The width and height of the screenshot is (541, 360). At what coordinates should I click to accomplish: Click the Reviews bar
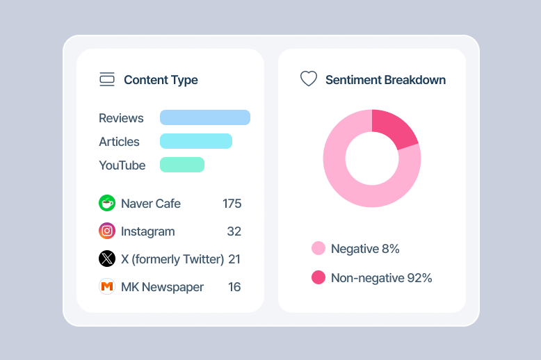(205, 117)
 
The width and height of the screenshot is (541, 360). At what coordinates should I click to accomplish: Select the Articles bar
(196, 141)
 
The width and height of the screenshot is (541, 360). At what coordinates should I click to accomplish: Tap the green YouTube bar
(182, 165)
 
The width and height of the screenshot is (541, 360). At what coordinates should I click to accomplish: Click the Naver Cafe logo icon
(107, 203)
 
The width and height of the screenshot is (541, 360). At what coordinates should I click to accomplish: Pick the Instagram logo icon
(107, 231)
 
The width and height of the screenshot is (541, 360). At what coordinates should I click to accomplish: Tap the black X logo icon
(107, 259)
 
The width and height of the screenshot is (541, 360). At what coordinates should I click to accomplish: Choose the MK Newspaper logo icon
(107, 286)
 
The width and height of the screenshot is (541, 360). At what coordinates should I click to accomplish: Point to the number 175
(232, 204)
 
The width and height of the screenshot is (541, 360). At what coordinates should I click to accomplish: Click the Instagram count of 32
(234, 231)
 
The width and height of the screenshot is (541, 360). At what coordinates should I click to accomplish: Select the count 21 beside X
(234, 259)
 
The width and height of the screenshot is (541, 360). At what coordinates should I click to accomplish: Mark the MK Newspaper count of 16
(234, 287)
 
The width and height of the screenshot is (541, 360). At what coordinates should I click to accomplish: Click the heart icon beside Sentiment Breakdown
(309, 79)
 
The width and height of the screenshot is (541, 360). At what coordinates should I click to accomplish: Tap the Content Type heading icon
(107, 79)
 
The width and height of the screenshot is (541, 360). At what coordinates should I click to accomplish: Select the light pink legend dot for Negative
(318, 248)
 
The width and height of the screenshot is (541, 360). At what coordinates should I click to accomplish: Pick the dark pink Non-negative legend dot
(318, 277)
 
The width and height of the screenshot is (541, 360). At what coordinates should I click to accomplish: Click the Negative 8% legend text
(365, 249)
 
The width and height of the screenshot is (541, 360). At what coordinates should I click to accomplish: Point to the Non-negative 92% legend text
(381, 278)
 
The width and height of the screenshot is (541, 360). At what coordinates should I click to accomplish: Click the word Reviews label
(121, 118)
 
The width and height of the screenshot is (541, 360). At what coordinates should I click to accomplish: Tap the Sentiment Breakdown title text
(386, 80)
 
